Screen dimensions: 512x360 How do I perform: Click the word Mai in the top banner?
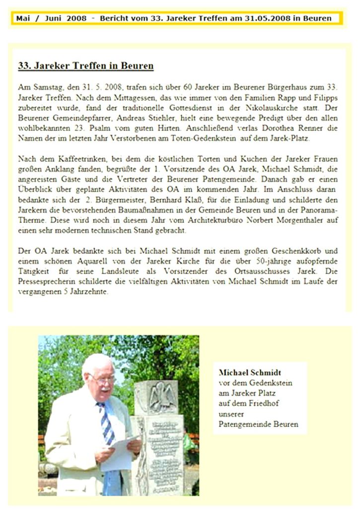point(23,18)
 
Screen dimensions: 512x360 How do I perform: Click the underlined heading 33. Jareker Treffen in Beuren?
point(85,66)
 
